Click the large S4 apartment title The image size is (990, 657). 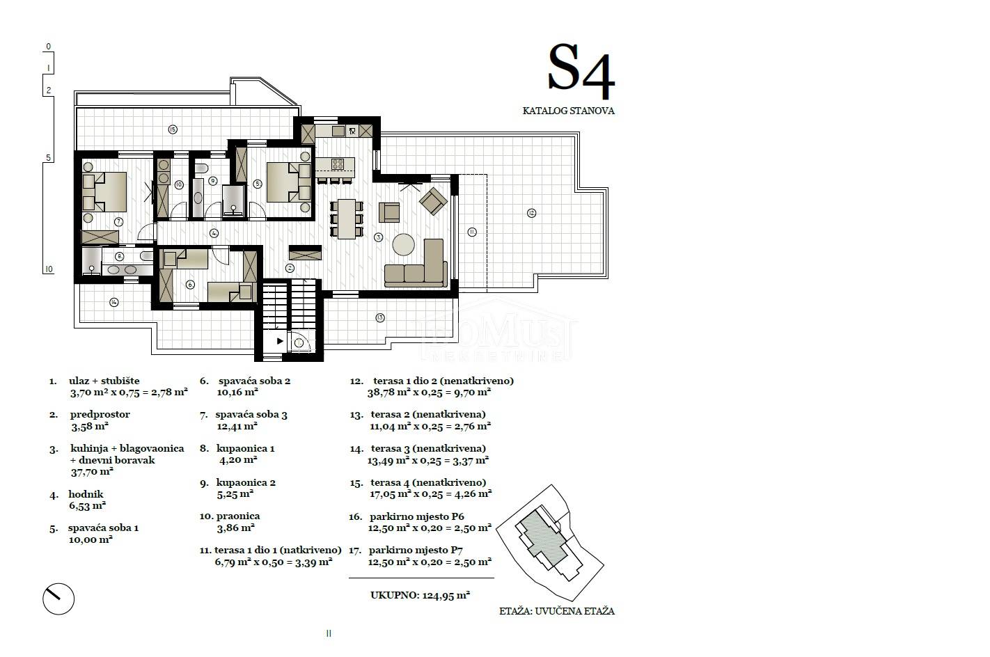coord(581,71)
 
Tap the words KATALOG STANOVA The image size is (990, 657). coord(568,111)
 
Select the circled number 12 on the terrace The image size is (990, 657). coord(531,213)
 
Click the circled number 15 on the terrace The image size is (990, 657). coord(173,129)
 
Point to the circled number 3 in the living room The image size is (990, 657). coord(378,237)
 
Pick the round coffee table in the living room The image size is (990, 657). coord(404,244)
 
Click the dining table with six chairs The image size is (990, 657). coord(347,219)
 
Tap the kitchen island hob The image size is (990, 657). coord(337,164)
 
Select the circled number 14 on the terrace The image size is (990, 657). coord(114,302)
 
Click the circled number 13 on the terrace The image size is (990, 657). coord(379,317)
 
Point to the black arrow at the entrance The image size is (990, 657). coord(280,341)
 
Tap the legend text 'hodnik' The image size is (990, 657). coord(86,494)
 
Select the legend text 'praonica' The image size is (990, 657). coord(238,516)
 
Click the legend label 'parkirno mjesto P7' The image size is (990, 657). coord(416,550)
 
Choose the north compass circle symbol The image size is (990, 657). coord(58,599)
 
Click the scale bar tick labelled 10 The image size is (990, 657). coord(49,269)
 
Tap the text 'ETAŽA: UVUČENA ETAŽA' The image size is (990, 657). coord(557,611)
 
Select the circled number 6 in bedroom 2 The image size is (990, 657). coord(190,285)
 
